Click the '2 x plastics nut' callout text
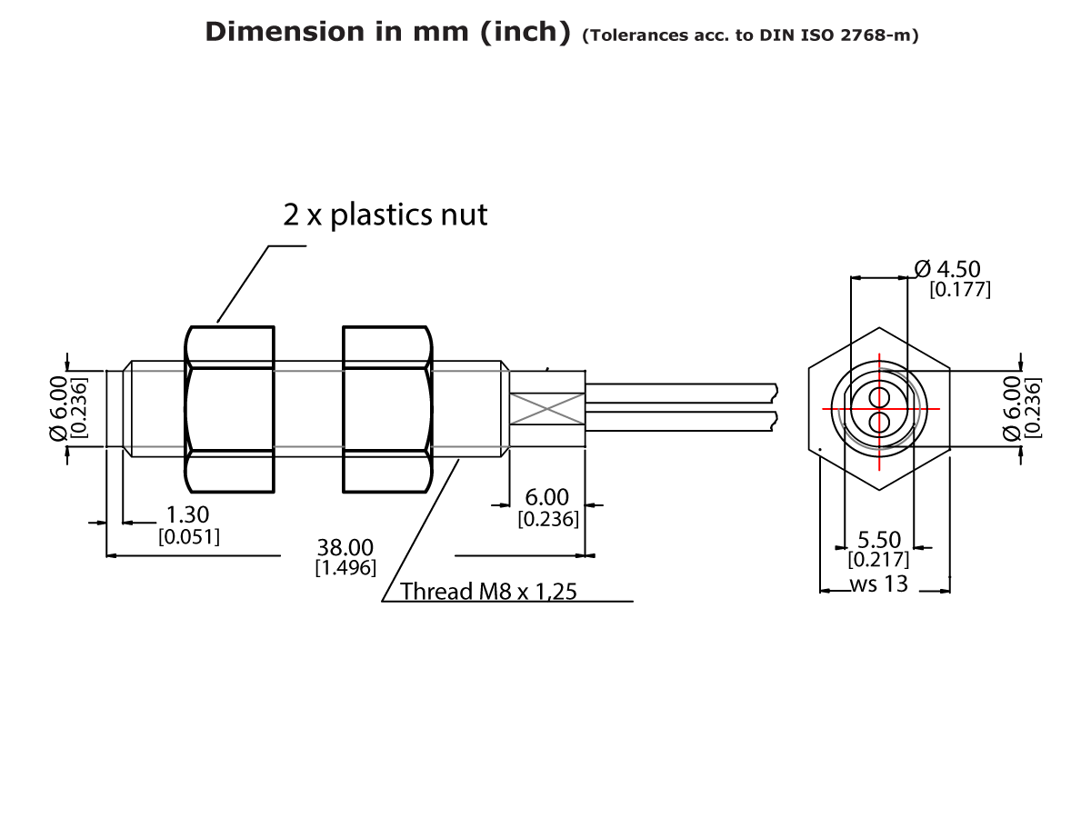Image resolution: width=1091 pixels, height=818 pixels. [x=385, y=214]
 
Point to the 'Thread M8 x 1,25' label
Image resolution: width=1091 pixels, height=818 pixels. [x=488, y=592]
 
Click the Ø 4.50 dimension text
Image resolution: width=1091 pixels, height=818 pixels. [x=947, y=269]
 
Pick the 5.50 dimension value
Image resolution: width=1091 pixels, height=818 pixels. [x=878, y=541]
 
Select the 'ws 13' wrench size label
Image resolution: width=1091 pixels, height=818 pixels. [x=878, y=584]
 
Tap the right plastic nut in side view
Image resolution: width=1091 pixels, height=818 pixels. [x=386, y=409]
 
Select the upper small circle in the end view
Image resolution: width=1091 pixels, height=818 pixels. [x=879, y=397]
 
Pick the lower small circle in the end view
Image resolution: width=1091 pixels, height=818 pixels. [x=879, y=422]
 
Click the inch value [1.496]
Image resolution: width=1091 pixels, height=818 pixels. [x=345, y=568]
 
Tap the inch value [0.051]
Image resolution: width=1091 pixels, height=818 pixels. [x=189, y=536]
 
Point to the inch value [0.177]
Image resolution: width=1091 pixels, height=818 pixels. [x=959, y=290]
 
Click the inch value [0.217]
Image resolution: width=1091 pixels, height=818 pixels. [x=878, y=560]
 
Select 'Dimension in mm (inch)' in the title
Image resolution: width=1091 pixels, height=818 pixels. [x=386, y=32]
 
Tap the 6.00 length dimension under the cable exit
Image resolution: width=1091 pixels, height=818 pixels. [x=547, y=498]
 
